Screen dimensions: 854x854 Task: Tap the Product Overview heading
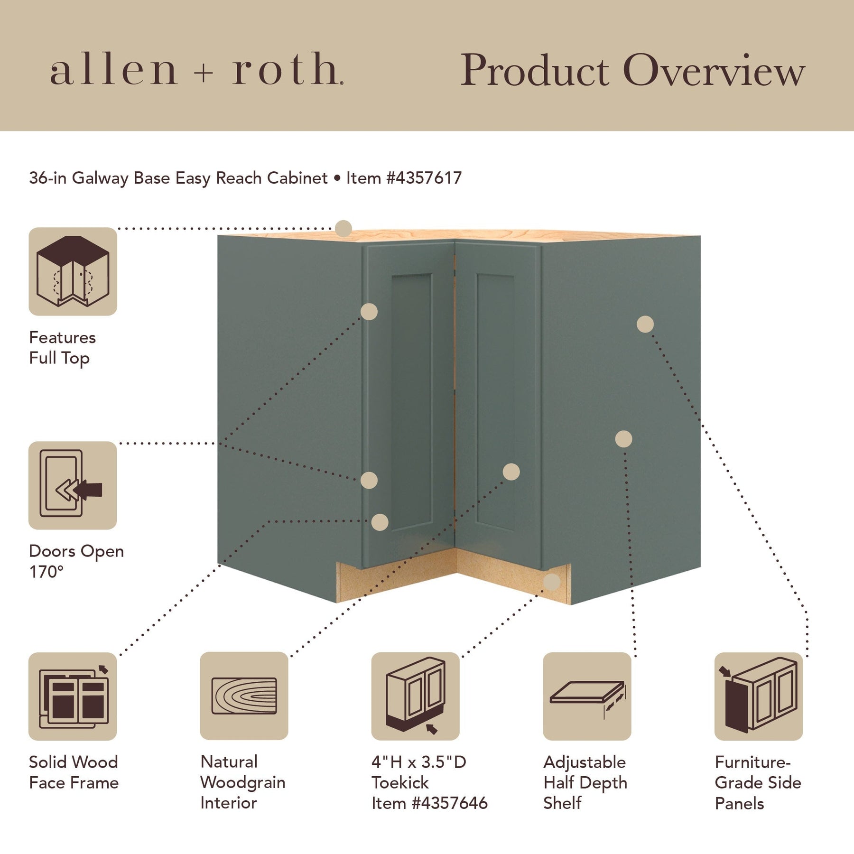pyautogui.click(x=632, y=70)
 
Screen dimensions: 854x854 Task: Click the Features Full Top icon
pyautogui.click(x=73, y=271)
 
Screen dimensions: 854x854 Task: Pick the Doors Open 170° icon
pyautogui.click(x=73, y=485)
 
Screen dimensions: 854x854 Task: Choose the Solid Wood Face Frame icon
pyautogui.click(x=73, y=696)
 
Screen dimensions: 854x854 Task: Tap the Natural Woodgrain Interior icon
pyautogui.click(x=244, y=696)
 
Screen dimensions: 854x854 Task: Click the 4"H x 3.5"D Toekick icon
pyautogui.click(x=415, y=696)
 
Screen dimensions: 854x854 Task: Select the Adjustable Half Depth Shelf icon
pyautogui.click(x=587, y=696)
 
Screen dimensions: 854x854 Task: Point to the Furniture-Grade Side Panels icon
pyautogui.click(x=758, y=696)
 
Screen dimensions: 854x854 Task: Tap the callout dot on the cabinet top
pyautogui.click(x=343, y=229)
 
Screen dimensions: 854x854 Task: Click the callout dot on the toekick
pyautogui.click(x=551, y=582)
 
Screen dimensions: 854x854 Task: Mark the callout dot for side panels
pyautogui.click(x=645, y=325)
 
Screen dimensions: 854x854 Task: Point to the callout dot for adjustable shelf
pyautogui.click(x=623, y=439)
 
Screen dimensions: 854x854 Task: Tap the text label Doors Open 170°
pyautogui.click(x=76, y=561)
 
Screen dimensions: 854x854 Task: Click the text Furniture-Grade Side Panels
pyautogui.click(x=758, y=782)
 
